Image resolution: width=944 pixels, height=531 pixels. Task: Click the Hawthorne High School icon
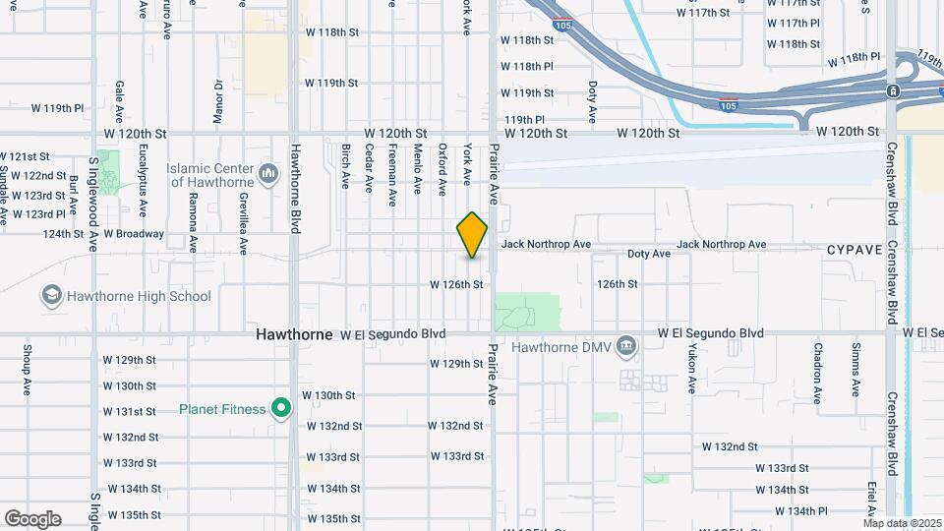click(x=50, y=295)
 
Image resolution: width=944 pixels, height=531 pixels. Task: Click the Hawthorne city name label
click(x=294, y=334)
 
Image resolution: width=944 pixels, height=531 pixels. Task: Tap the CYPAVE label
click(x=854, y=250)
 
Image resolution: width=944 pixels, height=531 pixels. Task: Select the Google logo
click(x=32, y=519)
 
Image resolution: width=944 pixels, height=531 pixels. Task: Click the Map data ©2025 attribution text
click(x=903, y=523)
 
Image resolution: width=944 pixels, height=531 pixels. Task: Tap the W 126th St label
click(x=456, y=284)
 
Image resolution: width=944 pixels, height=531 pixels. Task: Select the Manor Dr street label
click(x=218, y=100)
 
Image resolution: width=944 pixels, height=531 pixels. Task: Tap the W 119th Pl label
click(x=58, y=107)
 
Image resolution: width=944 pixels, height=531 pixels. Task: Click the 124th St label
click(x=63, y=234)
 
